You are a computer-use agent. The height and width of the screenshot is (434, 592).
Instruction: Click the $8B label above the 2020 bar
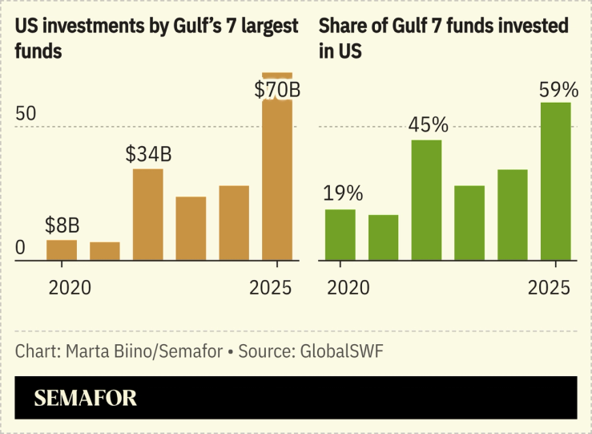coord(62,224)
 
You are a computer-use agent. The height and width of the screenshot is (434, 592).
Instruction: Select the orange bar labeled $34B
coord(148,214)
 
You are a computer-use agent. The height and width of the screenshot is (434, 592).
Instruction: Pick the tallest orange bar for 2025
coord(277,176)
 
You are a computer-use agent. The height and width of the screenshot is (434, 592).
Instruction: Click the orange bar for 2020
coord(62,250)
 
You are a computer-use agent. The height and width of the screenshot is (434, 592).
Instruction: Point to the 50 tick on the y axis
coord(26,113)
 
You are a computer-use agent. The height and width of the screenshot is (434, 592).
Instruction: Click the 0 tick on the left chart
coord(21,248)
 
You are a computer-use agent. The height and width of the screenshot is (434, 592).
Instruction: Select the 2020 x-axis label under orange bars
coord(70,287)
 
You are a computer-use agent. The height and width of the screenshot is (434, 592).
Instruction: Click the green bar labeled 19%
coord(340,234)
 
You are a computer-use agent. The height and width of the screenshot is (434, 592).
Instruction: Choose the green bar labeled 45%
coord(427,200)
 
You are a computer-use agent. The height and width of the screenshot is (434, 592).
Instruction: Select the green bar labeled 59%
coord(556,180)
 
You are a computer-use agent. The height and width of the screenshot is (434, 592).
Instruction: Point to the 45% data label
coord(429,125)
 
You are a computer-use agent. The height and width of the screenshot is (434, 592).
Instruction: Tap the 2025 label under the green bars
coord(549,287)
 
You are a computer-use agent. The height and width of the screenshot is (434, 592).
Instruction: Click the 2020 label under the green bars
coord(348,287)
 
